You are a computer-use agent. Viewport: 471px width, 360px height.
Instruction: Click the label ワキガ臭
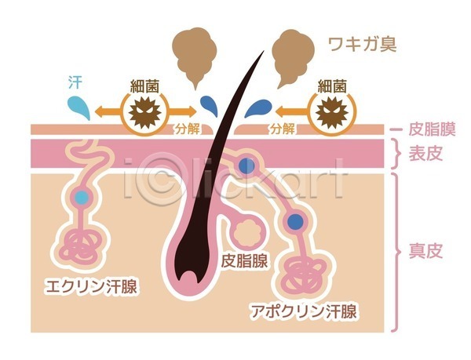point(363,43)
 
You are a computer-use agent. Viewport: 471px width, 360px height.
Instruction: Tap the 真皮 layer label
point(426,252)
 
